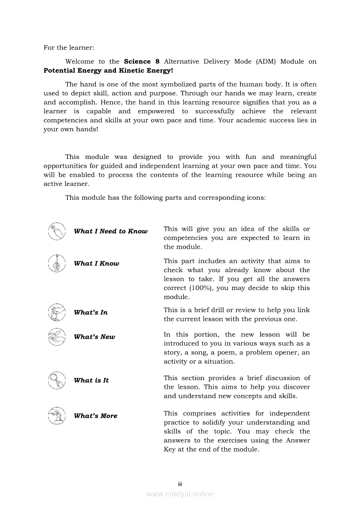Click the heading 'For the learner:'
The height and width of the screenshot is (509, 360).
(69, 47)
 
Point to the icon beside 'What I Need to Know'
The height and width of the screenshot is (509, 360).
(57, 231)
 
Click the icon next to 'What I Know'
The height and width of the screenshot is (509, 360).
(57, 263)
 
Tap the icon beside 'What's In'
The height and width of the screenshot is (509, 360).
(57, 312)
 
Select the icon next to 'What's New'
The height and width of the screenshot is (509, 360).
(57, 337)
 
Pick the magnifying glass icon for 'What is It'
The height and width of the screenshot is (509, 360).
(57, 380)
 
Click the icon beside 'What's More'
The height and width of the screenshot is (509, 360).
(57, 416)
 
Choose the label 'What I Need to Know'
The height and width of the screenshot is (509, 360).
(111, 231)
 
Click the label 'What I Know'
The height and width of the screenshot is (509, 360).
(96, 263)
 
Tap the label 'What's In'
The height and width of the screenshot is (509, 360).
(91, 312)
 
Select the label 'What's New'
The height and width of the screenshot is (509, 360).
(95, 337)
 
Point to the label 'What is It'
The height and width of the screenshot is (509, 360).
(91, 380)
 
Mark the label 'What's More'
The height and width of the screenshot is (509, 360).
(95, 416)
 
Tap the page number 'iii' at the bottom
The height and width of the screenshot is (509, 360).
(180, 484)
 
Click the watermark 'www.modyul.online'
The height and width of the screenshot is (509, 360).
(180, 494)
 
